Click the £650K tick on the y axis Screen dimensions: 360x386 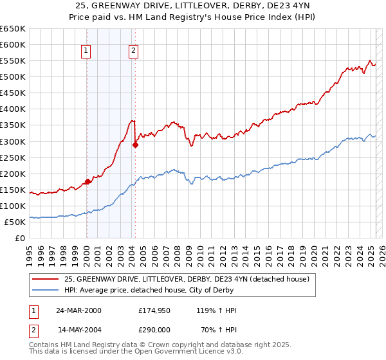point(14,29)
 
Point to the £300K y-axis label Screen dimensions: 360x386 point(14,141)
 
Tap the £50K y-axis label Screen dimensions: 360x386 point(16,222)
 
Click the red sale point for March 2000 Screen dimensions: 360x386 point(87,181)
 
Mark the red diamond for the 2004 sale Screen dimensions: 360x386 point(135,145)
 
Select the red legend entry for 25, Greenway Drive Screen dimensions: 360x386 point(187,279)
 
